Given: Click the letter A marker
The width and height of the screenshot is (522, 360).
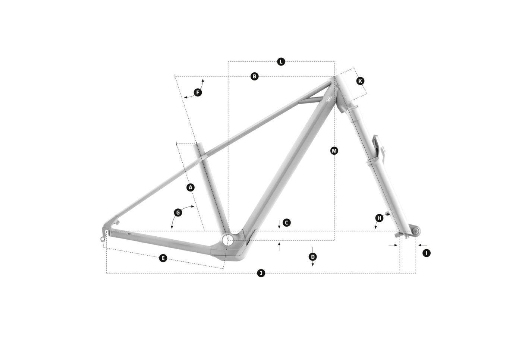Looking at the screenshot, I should (x=191, y=187).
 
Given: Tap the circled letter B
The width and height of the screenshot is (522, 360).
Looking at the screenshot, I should (x=254, y=76).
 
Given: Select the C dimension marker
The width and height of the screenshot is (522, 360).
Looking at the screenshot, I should (x=286, y=222).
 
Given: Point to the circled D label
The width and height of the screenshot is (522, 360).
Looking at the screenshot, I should (x=313, y=256).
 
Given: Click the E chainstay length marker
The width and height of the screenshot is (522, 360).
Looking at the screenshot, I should (x=163, y=258).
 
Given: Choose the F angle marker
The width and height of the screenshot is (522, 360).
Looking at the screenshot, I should (x=198, y=92).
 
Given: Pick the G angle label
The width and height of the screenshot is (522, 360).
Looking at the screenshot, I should (x=178, y=212).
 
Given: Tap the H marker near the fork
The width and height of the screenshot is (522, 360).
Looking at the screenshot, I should (x=379, y=218).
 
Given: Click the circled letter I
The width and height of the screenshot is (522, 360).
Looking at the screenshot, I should (x=427, y=253).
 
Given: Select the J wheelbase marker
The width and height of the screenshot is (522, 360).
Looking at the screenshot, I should (x=261, y=273).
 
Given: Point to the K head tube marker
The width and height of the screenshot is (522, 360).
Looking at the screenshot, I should (x=360, y=81).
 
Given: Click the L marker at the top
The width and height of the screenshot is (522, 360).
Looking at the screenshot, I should (x=281, y=61).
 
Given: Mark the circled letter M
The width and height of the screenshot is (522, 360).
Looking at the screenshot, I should (x=334, y=151).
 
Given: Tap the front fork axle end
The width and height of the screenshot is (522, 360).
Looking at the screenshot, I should (x=415, y=231).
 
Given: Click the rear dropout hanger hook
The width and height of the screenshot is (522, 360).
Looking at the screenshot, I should (x=103, y=238).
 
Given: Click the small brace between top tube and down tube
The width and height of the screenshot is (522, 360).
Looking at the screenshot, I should (x=311, y=100).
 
